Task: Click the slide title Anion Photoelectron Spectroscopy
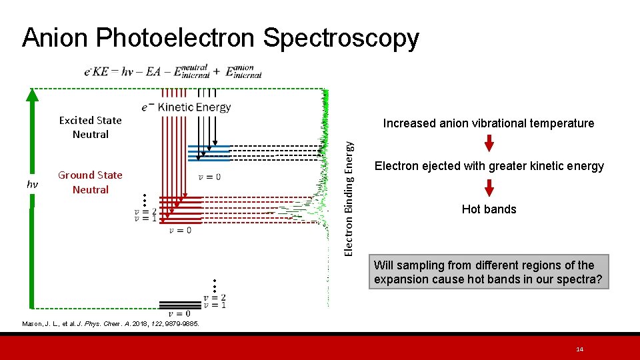tap(220, 38)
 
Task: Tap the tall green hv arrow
tap(31, 200)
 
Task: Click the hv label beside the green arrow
tap(31, 183)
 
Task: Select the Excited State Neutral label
tap(91, 127)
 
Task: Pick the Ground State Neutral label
tap(91, 182)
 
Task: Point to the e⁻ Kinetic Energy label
tap(186, 107)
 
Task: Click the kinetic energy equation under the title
tap(173, 71)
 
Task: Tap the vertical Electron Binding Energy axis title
tap(348, 193)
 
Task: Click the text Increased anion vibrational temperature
tap(488, 123)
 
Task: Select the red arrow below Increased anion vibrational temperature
tap(489, 143)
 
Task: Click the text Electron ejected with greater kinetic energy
tap(489, 166)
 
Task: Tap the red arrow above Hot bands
tap(489, 187)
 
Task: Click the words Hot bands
tap(489, 209)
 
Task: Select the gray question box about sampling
tap(489, 273)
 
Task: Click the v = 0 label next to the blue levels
tap(209, 177)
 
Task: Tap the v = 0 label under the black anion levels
tap(179, 314)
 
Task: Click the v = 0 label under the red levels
tap(180, 230)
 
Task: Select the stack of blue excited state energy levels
tap(209, 153)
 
